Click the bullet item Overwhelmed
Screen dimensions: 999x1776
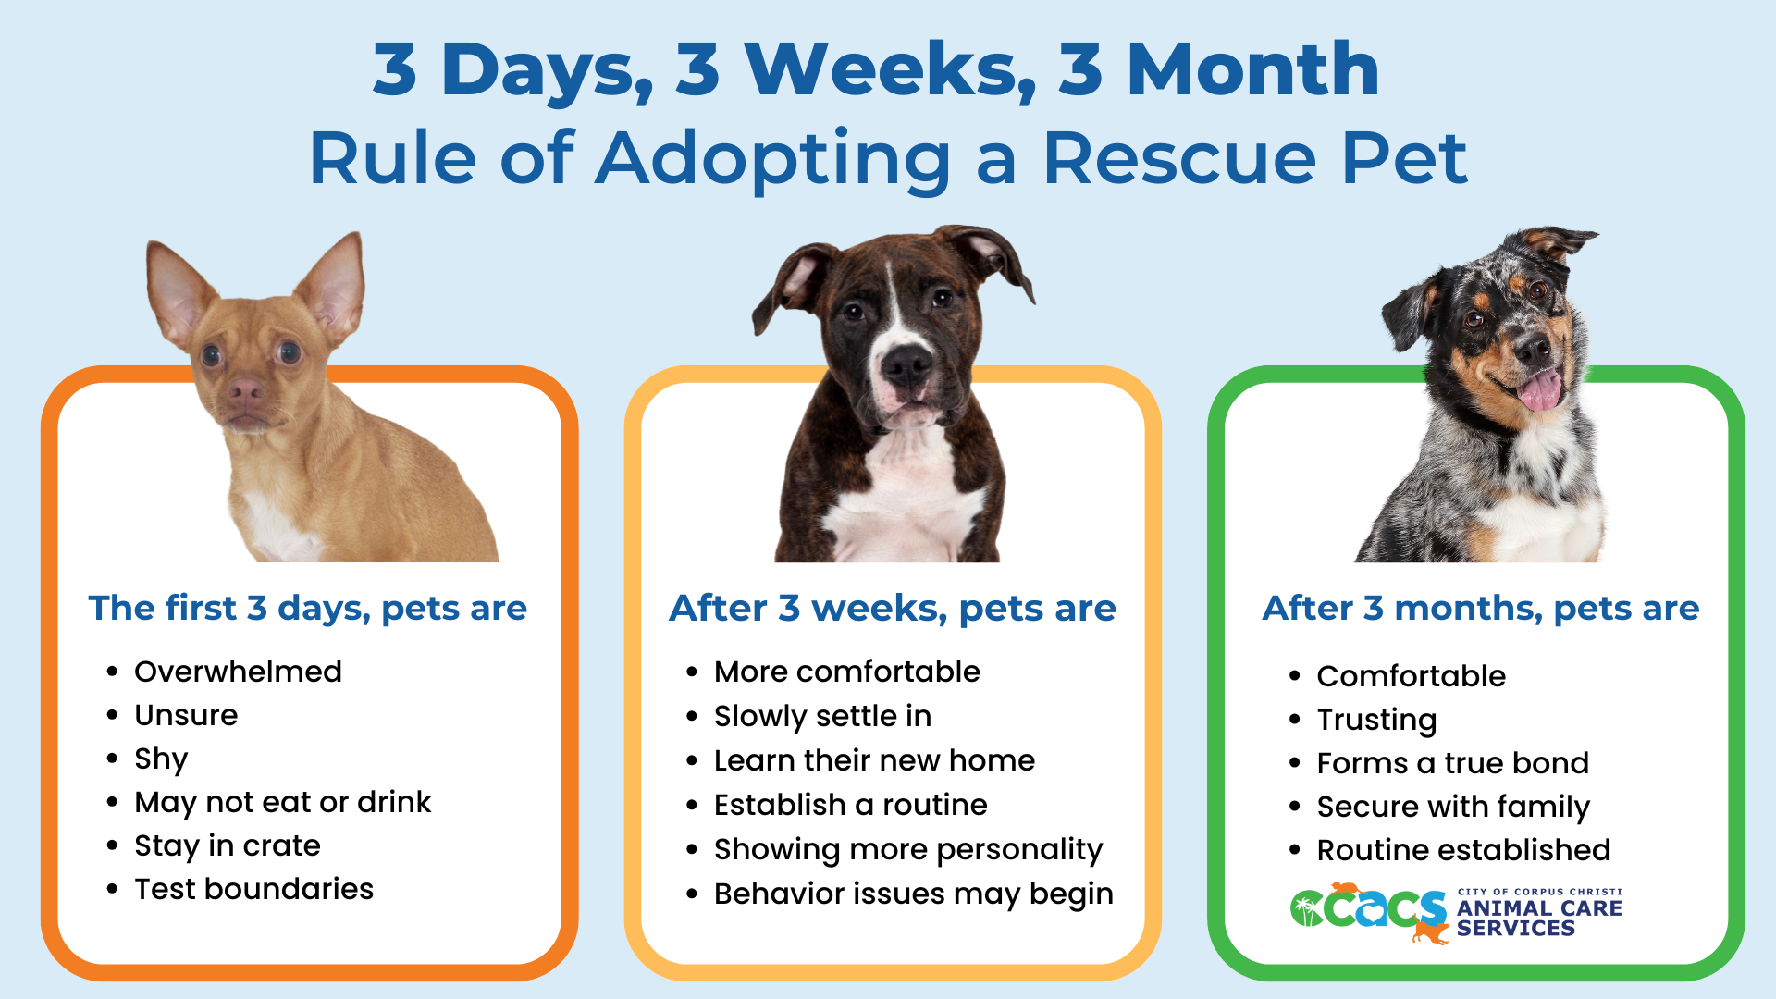[238, 672]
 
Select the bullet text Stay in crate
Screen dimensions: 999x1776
[228, 845]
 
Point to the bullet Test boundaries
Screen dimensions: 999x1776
[253, 889]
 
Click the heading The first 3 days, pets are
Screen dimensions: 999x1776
[307, 609]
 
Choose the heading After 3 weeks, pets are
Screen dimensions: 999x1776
[893, 609]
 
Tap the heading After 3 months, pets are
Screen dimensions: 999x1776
[1480, 609]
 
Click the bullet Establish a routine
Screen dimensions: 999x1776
[850, 805]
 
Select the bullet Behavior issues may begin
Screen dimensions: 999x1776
[913, 894]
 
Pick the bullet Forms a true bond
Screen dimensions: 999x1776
[1452, 763]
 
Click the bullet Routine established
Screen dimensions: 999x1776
[1463, 850]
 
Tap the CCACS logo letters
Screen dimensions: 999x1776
[1369, 909]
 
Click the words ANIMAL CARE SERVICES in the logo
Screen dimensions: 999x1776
[1538, 918]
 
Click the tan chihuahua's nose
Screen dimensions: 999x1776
[244, 390]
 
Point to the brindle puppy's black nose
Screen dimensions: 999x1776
[906, 365]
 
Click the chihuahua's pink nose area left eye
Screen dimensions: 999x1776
[212, 355]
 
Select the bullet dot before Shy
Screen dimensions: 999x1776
[112, 759]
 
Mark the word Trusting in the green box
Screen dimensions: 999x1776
[1376, 720]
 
